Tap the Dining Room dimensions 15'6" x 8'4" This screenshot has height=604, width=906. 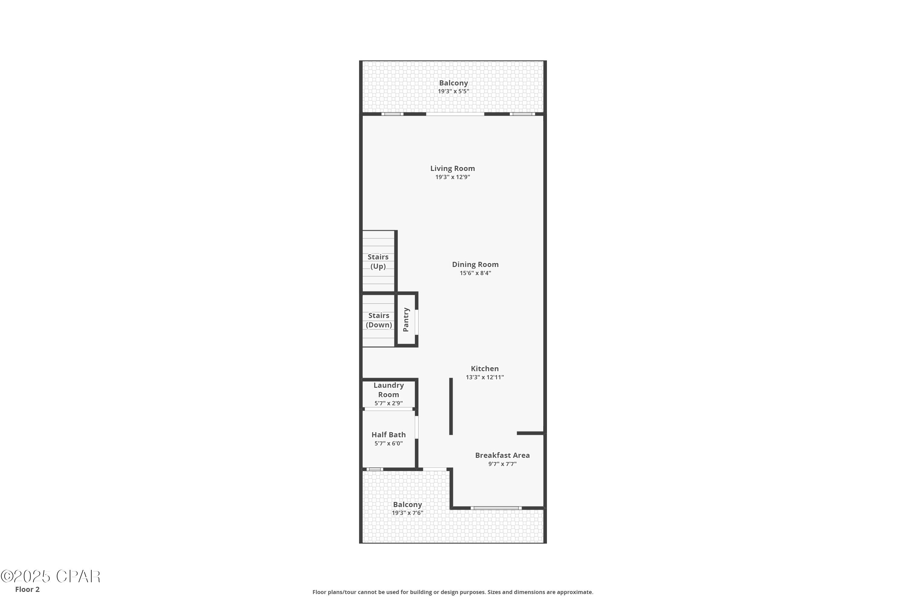pyautogui.click(x=475, y=273)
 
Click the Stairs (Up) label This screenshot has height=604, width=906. pyautogui.click(x=378, y=262)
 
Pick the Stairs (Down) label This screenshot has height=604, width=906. pyautogui.click(x=379, y=320)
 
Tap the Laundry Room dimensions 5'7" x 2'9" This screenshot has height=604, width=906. pyautogui.click(x=388, y=403)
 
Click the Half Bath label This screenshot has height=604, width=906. pyautogui.click(x=388, y=435)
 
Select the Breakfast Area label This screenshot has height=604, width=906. pyautogui.click(x=502, y=455)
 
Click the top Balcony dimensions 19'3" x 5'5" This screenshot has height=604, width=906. pyautogui.click(x=453, y=91)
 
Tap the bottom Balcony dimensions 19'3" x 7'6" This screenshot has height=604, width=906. pyautogui.click(x=407, y=513)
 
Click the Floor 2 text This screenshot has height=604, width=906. pyautogui.click(x=27, y=590)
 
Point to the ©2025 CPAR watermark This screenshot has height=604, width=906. pyautogui.click(x=50, y=577)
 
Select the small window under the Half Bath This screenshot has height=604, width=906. pyautogui.click(x=374, y=469)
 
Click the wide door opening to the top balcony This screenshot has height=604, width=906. pyautogui.click(x=455, y=114)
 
